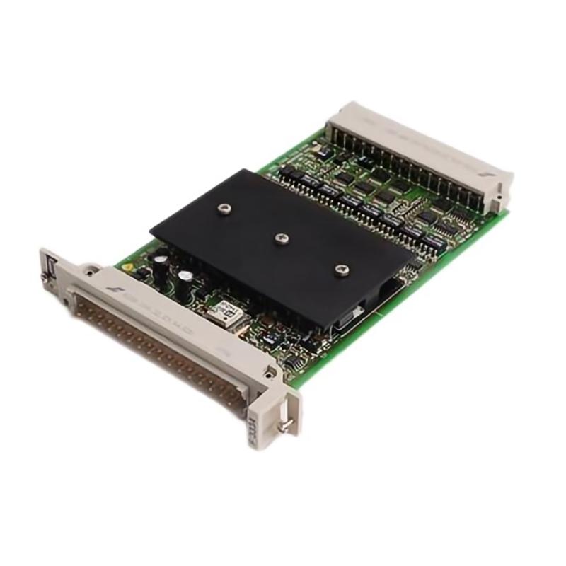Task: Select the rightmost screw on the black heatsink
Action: click(342, 270)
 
